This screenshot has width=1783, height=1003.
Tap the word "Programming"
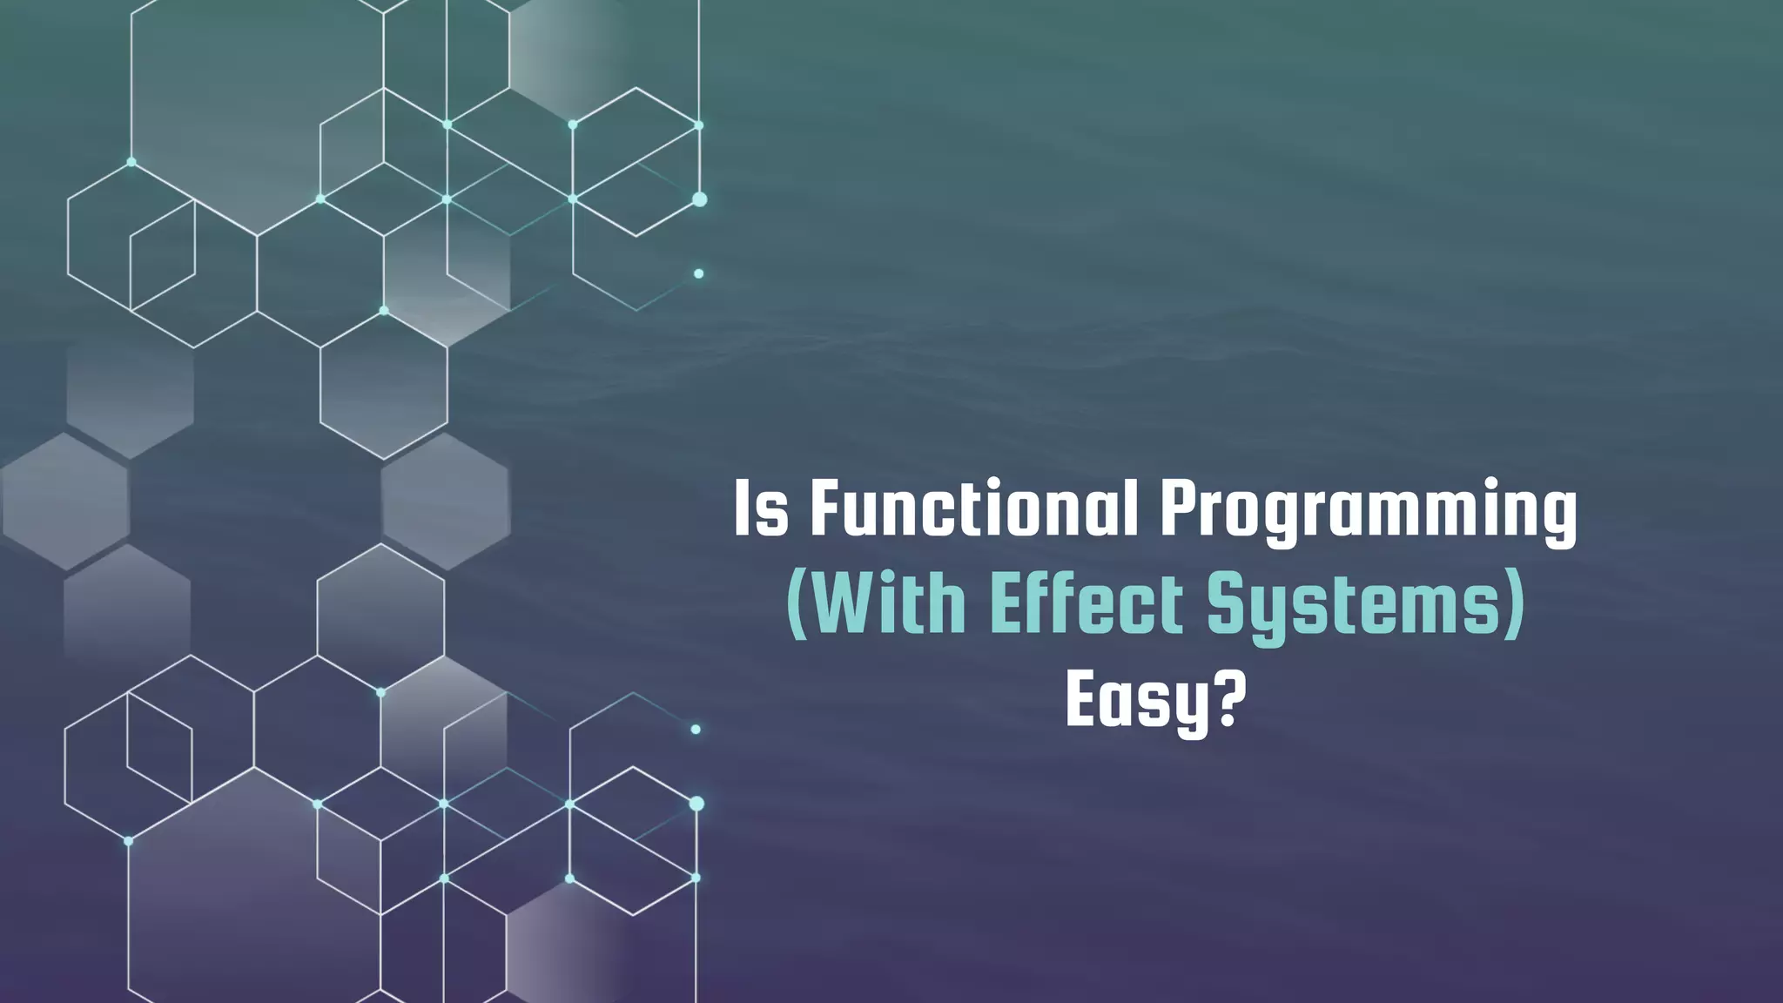pyautogui.click(x=1368, y=514)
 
